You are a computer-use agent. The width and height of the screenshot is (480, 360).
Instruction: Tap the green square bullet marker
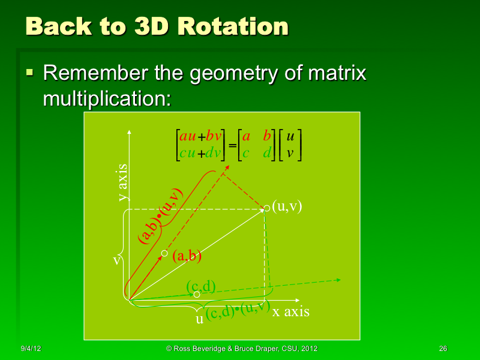pyautogui.click(x=29, y=74)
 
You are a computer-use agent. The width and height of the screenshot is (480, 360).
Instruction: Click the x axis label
pyautogui.click(x=291, y=311)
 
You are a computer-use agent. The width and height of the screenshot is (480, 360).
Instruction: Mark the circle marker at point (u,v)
pyautogui.click(x=267, y=208)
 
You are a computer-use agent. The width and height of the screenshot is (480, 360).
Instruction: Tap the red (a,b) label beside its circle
pyautogui.click(x=187, y=256)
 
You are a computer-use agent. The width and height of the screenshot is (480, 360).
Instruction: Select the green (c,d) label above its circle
pyautogui.click(x=200, y=286)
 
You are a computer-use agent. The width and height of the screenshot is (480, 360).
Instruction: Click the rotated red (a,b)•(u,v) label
pyautogui.click(x=161, y=217)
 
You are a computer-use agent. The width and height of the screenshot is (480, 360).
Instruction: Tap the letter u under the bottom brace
pyautogui.click(x=200, y=319)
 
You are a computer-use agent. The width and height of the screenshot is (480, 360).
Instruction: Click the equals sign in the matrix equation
pyautogui.click(x=232, y=145)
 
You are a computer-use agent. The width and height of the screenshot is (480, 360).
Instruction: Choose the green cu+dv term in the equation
pyautogui.click(x=200, y=154)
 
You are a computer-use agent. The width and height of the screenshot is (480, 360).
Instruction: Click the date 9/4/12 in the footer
pyautogui.click(x=31, y=349)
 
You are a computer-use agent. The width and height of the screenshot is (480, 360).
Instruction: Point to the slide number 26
pyautogui.click(x=443, y=349)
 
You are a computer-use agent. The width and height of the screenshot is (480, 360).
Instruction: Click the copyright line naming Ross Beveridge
pyautogui.click(x=241, y=349)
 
